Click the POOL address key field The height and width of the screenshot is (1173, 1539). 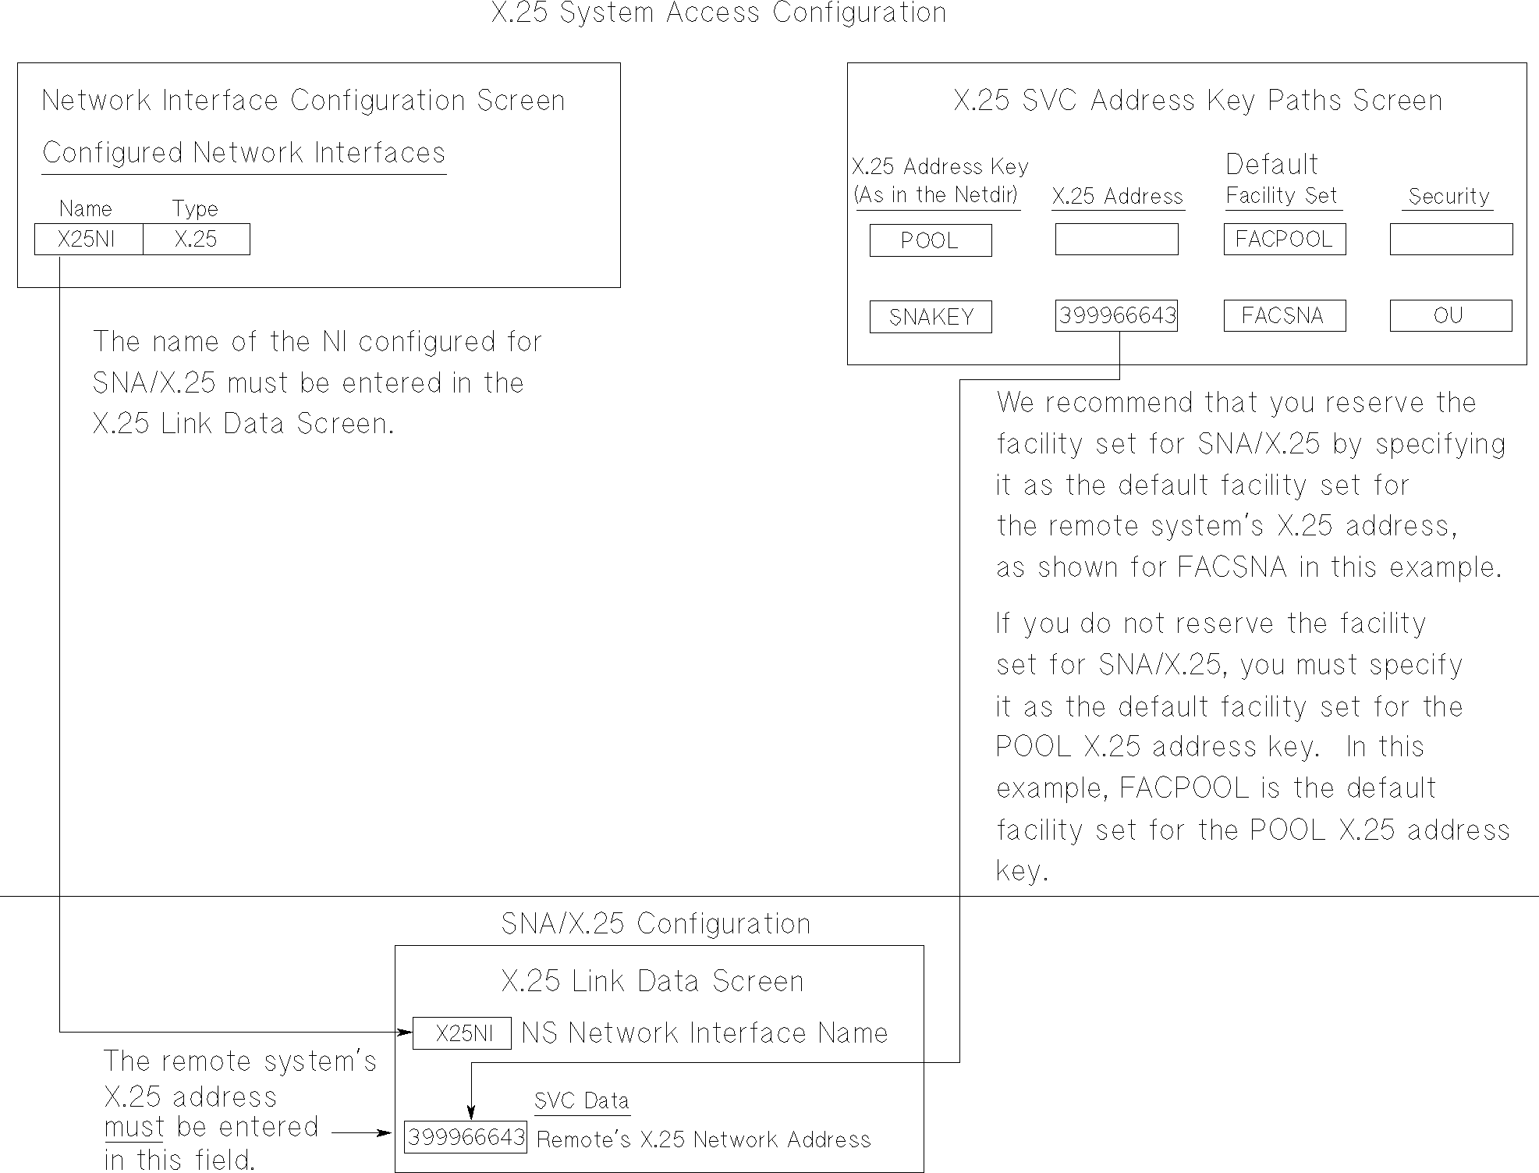[x=930, y=240]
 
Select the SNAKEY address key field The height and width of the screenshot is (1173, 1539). [x=930, y=317]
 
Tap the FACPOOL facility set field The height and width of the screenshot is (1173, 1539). [x=1284, y=239]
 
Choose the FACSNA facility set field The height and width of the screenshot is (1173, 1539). [x=1284, y=316]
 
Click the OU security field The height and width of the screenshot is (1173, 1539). [x=1450, y=316]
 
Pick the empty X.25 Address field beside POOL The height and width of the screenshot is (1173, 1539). [x=1116, y=240]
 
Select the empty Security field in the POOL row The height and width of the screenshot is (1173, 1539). [x=1450, y=240]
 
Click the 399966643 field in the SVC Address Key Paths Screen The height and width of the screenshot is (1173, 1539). [x=1116, y=316]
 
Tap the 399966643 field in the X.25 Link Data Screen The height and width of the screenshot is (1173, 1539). [x=466, y=1137]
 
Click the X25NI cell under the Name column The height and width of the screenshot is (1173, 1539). [x=88, y=240]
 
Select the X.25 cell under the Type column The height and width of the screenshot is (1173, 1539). [x=196, y=240]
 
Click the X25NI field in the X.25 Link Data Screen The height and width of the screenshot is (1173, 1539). [x=462, y=1033]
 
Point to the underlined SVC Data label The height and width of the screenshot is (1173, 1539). [x=582, y=1101]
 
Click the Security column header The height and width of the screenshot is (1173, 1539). [x=1449, y=197]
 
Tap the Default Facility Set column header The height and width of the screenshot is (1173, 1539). [x=1282, y=181]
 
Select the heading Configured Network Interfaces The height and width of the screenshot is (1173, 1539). [x=243, y=153]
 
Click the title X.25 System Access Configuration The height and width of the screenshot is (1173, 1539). [x=718, y=13]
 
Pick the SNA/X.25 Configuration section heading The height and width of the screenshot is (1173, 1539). [x=655, y=924]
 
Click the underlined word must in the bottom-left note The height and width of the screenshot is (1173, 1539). [x=134, y=1128]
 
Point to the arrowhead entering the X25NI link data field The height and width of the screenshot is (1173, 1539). [x=405, y=1033]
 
